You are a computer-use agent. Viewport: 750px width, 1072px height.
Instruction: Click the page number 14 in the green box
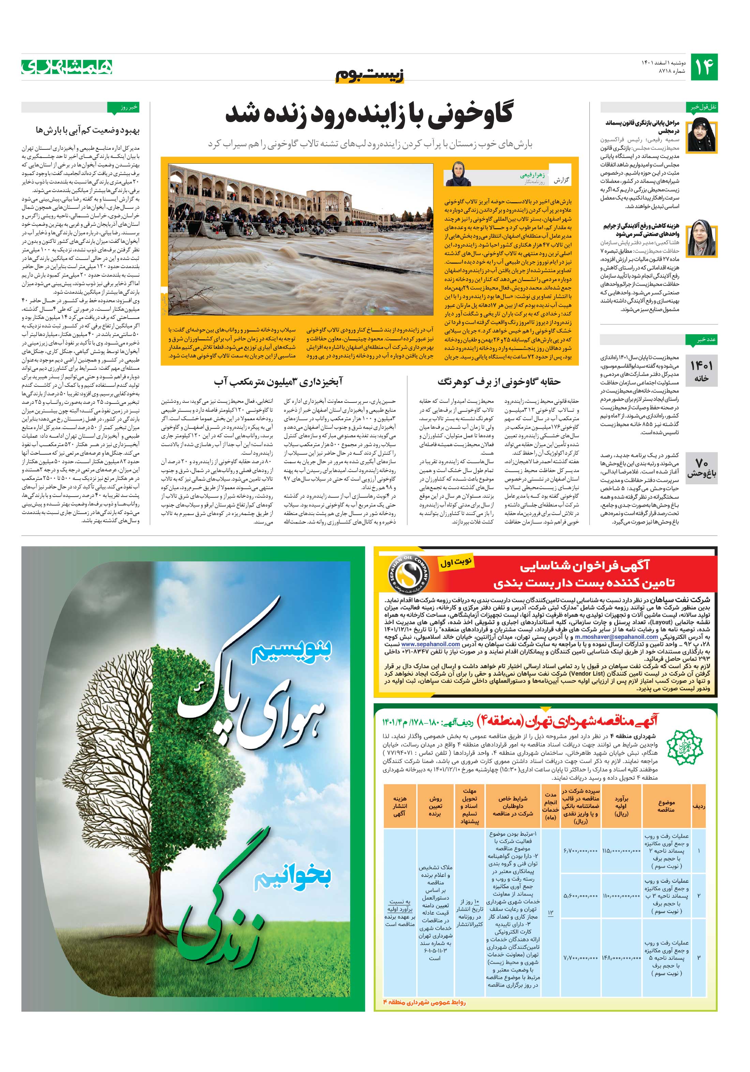[x=704, y=67]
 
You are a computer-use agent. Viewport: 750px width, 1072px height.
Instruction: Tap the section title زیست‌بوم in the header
[x=369, y=75]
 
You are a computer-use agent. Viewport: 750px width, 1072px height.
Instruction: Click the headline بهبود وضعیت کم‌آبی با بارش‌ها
[x=87, y=130]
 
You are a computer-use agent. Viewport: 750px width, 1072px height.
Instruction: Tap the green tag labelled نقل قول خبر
[x=701, y=107]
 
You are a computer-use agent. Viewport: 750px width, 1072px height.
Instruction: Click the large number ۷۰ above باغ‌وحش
[x=701, y=462]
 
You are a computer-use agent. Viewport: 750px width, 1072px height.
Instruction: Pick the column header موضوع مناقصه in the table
[x=666, y=806]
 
